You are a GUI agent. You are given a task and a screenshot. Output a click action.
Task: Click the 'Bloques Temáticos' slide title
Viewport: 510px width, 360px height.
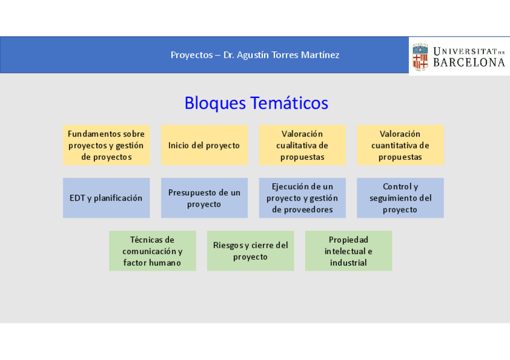(256, 103)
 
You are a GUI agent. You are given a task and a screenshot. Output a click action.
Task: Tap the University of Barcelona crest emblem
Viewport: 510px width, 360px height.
(420, 56)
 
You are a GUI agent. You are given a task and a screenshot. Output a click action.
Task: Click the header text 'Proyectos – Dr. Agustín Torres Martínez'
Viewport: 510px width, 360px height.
(255, 55)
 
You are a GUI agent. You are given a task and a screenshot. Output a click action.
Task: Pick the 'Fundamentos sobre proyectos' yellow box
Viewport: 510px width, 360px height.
(106, 145)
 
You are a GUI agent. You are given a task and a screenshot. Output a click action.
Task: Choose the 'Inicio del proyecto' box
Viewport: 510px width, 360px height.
(204, 145)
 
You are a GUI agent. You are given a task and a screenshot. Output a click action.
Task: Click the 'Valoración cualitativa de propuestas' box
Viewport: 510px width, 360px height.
(303, 145)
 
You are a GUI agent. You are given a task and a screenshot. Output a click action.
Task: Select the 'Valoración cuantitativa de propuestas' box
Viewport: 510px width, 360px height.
(400, 145)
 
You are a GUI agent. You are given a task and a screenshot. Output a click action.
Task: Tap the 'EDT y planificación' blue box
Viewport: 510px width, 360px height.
(106, 198)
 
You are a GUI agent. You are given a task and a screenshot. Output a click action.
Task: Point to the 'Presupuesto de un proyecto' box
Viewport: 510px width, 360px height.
(204, 198)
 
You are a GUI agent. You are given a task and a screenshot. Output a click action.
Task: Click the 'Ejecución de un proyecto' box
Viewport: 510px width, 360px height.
(303, 198)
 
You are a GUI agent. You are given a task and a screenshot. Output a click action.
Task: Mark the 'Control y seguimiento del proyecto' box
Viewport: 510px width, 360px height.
(400, 198)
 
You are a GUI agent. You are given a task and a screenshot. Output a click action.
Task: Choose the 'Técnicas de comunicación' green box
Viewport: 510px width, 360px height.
(152, 251)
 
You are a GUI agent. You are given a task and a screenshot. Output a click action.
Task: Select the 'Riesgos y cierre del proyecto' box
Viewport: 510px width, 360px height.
(250, 251)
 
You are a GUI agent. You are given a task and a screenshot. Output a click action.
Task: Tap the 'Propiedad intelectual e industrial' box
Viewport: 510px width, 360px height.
(348, 251)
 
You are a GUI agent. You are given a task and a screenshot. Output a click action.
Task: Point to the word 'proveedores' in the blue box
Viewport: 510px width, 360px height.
(302, 210)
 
